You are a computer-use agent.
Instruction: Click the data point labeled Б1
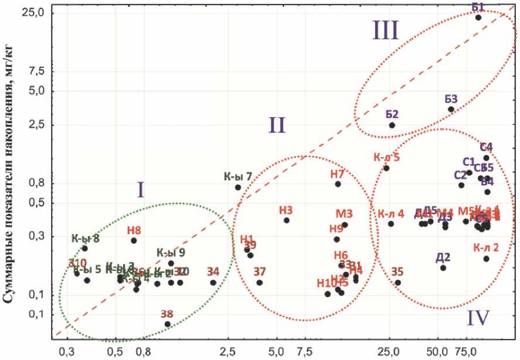tap(478, 18)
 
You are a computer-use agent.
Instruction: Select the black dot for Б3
tap(451, 109)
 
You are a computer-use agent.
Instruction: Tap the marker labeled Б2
tap(392, 125)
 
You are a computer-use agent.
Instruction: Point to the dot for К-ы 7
tap(238, 187)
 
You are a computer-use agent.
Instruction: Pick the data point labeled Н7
tap(338, 184)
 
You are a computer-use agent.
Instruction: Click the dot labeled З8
tap(168, 324)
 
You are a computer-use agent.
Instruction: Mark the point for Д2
tap(443, 267)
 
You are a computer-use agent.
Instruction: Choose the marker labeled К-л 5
tap(386, 168)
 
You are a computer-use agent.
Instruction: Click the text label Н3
tap(286, 209)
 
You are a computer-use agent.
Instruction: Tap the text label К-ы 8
tap(85, 238)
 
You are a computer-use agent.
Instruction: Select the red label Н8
tap(134, 230)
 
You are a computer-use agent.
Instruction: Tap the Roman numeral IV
tap(480, 318)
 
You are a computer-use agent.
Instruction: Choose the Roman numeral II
tap(277, 124)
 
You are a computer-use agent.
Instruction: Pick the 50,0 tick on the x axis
tap(436, 351)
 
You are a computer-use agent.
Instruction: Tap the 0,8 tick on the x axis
tap(143, 351)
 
